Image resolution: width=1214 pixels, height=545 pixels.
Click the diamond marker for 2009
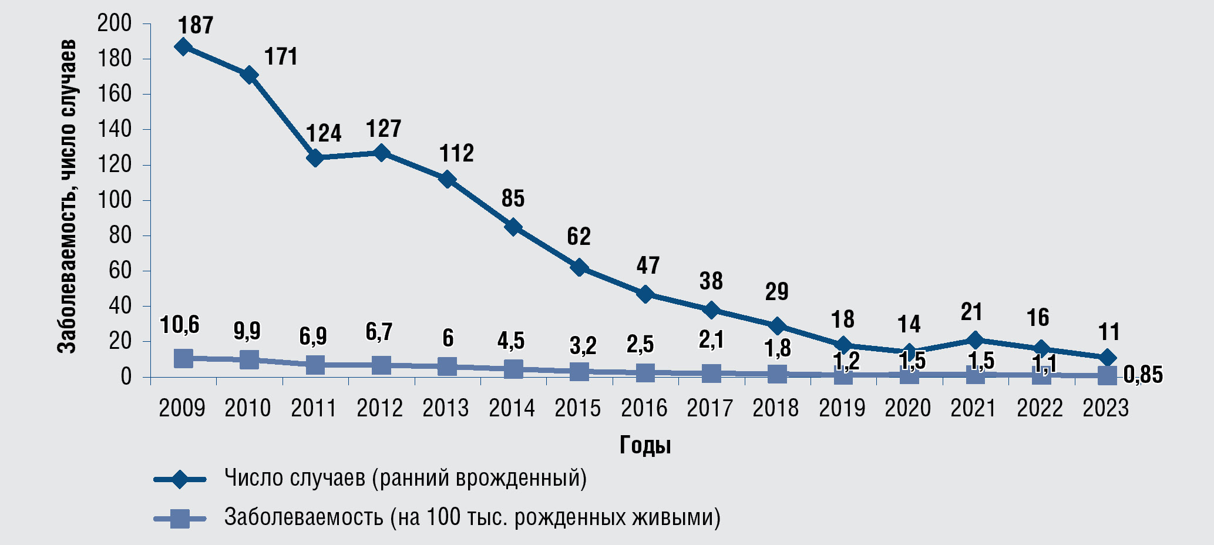183,47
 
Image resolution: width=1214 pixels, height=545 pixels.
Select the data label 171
281,57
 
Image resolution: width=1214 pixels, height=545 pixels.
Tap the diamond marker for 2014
513,227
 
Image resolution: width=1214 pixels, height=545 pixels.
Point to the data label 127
383,129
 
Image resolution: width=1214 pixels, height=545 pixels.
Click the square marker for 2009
183,358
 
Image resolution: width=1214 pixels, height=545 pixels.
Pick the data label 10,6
180,325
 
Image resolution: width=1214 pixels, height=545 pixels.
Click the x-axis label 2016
644,408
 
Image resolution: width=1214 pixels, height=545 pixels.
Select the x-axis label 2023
1106,408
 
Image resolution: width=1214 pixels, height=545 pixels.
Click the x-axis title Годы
645,446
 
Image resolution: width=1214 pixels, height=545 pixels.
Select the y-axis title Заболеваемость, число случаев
67,197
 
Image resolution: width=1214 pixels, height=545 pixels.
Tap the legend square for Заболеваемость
180,519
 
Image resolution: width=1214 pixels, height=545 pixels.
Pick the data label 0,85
1143,375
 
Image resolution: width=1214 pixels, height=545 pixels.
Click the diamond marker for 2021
975,340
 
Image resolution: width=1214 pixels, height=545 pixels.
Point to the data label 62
579,237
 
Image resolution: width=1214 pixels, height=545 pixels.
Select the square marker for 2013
447,366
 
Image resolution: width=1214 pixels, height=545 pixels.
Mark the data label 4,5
511,341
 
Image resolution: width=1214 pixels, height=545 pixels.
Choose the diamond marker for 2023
1107,358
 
